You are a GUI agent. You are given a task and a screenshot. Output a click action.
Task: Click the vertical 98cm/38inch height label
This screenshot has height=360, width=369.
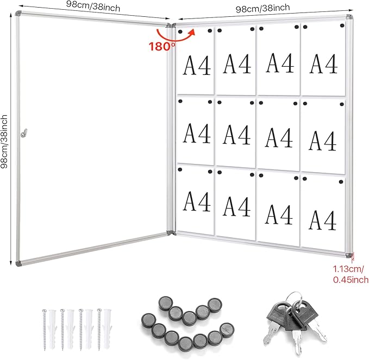point(5,141)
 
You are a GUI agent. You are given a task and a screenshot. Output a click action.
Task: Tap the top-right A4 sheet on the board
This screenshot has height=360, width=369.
point(323,61)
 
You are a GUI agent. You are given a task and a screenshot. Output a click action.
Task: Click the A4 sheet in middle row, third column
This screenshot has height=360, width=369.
point(279,133)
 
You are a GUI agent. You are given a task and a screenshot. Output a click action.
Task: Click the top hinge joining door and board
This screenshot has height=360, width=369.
point(170,26)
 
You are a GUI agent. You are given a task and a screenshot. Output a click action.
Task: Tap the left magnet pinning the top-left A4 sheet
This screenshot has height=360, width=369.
point(181,31)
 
